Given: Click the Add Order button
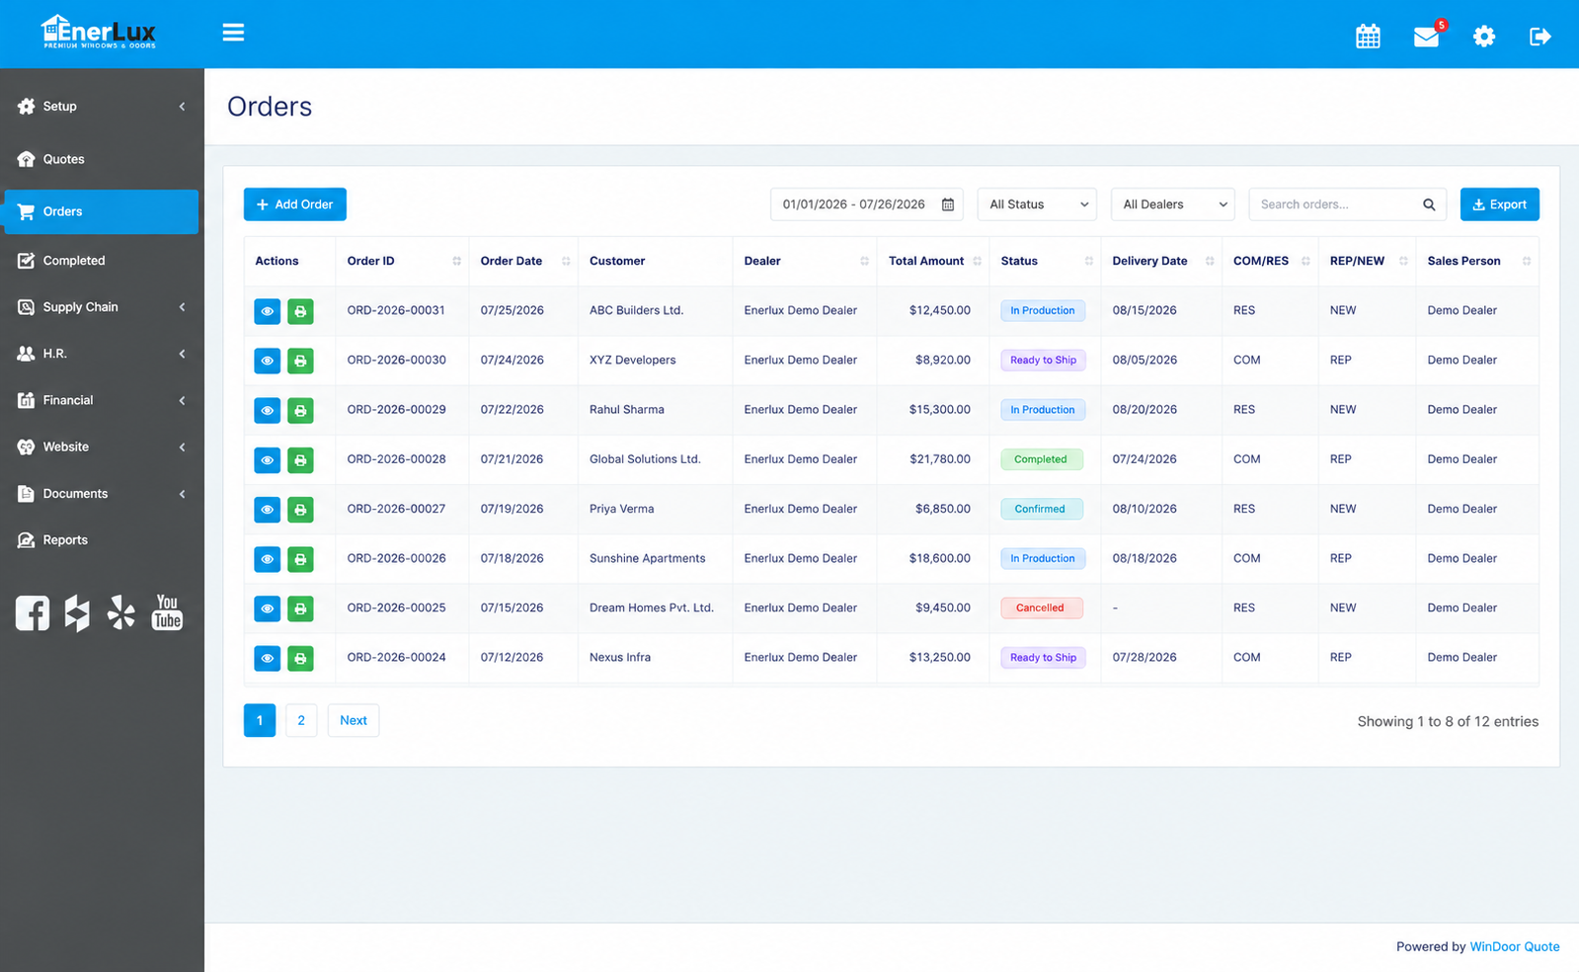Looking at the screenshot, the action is click(294, 203).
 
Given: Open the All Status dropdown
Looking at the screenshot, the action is click(1036, 203).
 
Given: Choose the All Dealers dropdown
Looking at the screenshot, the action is click(1172, 203).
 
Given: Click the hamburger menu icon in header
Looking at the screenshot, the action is click(233, 33).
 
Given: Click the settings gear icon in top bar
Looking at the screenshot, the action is click(1484, 36).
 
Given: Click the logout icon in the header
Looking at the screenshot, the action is click(1540, 36).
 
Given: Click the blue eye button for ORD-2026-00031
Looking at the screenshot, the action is click(268, 311).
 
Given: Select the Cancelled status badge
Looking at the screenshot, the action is click(1041, 608).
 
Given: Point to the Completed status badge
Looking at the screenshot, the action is click(1041, 459).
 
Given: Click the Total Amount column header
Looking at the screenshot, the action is click(925, 261).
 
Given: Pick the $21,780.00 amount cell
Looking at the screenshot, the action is click(940, 459).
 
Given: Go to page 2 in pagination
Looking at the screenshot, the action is click(301, 720).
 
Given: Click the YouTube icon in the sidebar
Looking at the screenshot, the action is click(167, 611).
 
